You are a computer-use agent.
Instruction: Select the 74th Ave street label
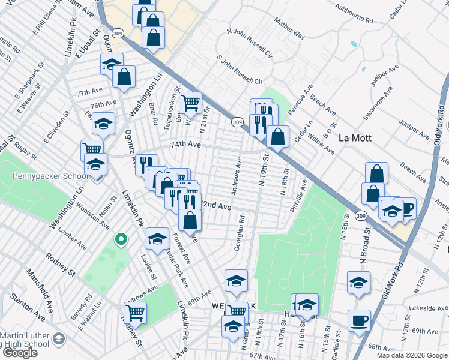pyautogui.click(x=184, y=145)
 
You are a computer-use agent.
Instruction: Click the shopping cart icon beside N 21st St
pyautogui.click(x=190, y=103)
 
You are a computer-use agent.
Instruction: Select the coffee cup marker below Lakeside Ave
pyautogui.click(x=359, y=320)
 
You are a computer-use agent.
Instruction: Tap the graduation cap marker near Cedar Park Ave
pyautogui.click(x=157, y=238)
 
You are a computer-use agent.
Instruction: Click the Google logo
pyautogui.click(x=19, y=353)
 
